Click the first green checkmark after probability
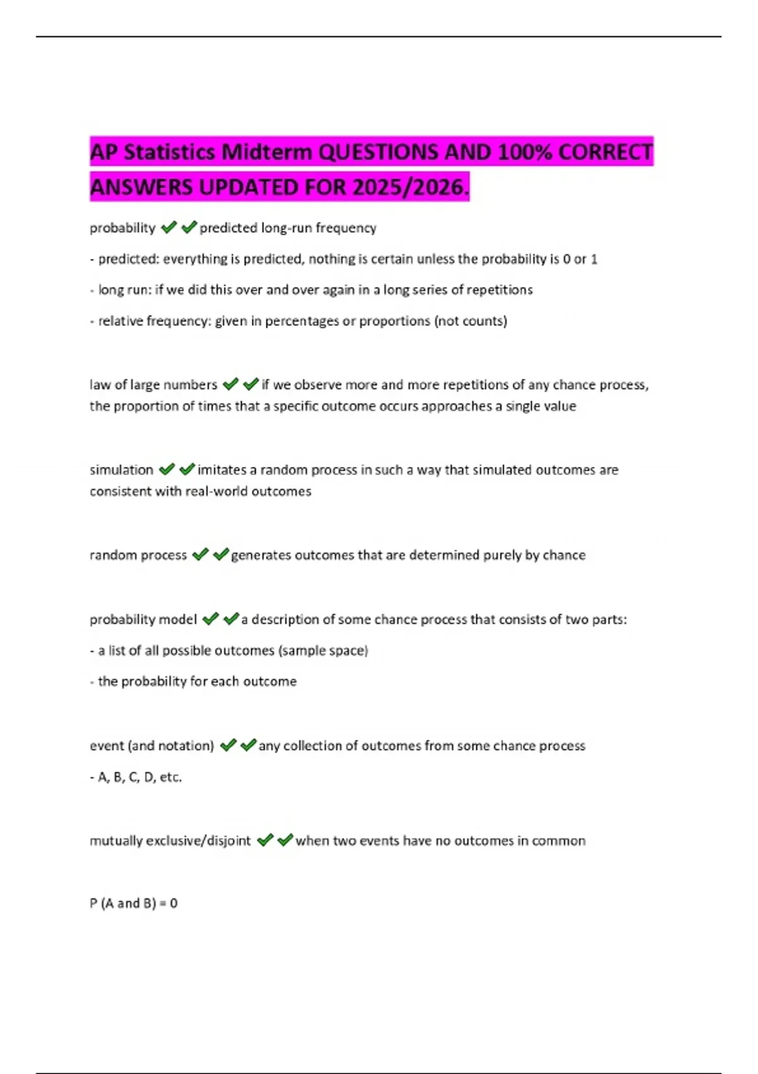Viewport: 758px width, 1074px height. [169, 227]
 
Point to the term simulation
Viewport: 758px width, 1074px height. [121, 470]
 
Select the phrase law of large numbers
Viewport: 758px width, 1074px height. [153, 385]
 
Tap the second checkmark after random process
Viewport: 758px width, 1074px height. [220, 555]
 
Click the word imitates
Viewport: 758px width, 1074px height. [222, 470]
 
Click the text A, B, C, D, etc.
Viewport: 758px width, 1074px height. [140, 777]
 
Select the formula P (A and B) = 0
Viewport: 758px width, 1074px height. [133, 903]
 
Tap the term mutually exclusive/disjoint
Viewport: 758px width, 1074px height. [170, 841]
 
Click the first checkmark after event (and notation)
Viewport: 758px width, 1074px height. [228, 745]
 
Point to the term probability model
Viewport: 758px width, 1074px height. [143, 620]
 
